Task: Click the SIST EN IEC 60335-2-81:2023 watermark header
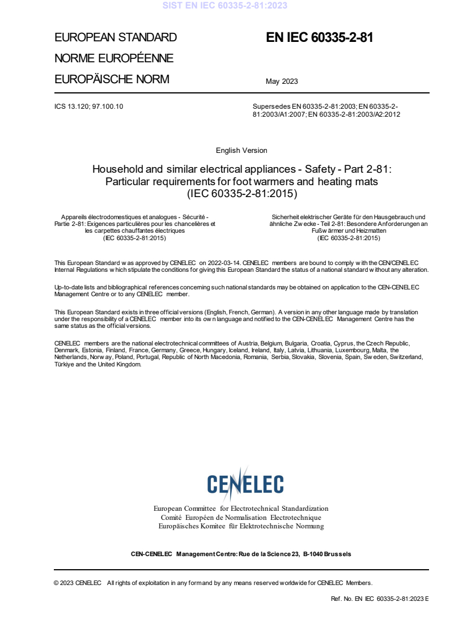tap(225, 6)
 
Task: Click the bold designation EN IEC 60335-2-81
tap(320, 38)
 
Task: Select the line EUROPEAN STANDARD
tap(116, 38)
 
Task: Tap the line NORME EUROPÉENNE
tap(114, 58)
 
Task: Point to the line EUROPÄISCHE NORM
tap(112, 79)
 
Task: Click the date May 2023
tap(282, 82)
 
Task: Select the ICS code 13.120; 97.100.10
tap(88, 106)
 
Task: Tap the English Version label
tap(241, 151)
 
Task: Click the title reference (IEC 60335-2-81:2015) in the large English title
tap(241, 193)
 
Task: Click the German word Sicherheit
tap(288, 217)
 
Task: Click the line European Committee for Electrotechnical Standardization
tap(241, 509)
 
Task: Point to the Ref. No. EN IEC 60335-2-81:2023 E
tap(379, 599)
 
